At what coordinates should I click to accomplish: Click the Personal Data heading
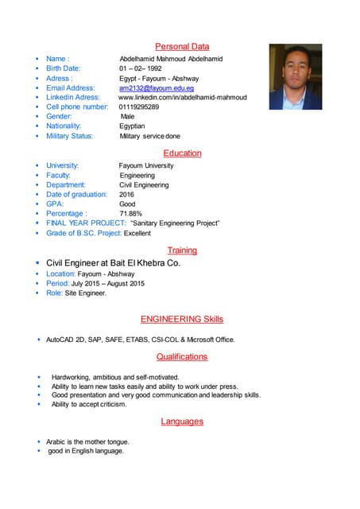coord(182,47)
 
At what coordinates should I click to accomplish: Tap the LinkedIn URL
coord(183,98)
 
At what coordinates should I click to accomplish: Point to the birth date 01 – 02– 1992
coord(141,68)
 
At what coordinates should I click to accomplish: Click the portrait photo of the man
coord(295,76)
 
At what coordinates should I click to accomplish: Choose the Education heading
coord(182,153)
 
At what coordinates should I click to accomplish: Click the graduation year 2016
coord(127,195)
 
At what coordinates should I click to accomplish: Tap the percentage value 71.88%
coord(131,214)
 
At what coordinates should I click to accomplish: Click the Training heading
coord(182,251)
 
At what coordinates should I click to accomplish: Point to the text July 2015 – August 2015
coord(108,284)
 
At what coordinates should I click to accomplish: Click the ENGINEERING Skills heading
coord(182,320)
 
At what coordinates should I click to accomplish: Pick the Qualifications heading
coord(182,357)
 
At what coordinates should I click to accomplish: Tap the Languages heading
coord(182,422)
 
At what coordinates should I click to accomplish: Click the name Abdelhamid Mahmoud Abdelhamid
coord(171,59)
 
